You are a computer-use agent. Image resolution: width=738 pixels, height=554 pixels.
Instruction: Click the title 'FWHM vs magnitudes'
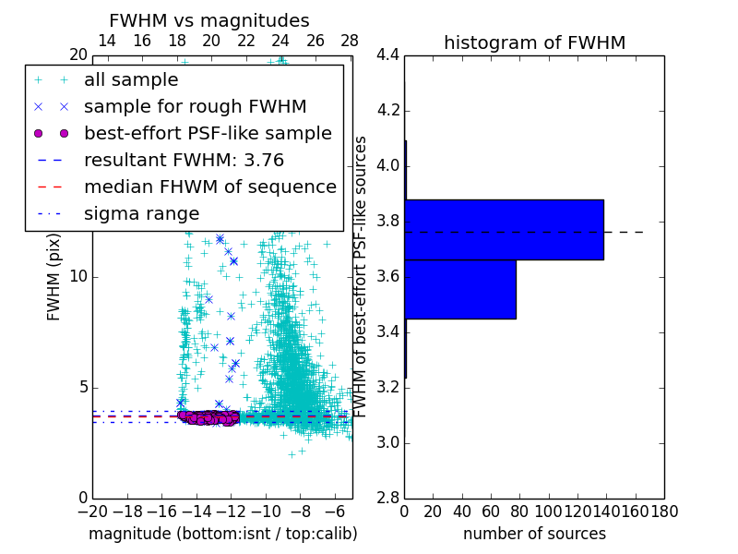[x=208, y=20]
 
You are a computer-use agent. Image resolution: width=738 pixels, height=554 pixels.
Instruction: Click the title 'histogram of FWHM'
[x=534, y=42]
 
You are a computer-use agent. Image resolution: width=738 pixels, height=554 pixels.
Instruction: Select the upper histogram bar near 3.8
[x=504, y=229]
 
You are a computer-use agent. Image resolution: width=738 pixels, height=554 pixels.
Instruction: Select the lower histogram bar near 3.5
[x=459, y=289]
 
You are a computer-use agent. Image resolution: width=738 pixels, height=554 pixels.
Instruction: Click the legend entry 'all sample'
[x=130, y=79]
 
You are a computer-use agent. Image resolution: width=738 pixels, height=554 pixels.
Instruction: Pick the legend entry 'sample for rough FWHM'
[x=195, y=106]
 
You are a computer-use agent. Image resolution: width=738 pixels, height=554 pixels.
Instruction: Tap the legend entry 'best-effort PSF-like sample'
[x=208, y=133]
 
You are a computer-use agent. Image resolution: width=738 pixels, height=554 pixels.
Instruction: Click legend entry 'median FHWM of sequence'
[x=209, y=187]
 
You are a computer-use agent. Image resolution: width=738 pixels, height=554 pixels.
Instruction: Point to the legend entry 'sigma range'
[x=141, y=213]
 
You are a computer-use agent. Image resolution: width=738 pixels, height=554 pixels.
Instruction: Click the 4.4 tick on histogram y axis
[x=387, y=55]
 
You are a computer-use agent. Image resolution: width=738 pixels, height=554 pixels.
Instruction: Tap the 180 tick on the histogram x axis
[x=663, y=511]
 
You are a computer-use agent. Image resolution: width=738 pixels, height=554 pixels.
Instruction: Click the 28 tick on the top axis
[x=349, y=42]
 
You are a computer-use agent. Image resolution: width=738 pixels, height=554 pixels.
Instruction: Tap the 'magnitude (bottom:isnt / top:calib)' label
[x=222, y=534]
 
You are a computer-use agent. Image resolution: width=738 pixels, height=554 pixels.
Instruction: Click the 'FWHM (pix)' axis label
[x=54, y=277]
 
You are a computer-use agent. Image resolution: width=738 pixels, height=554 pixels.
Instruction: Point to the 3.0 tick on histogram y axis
[x=387, y=442]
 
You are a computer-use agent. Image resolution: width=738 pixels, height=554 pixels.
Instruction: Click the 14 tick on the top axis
[x=107, y=42]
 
